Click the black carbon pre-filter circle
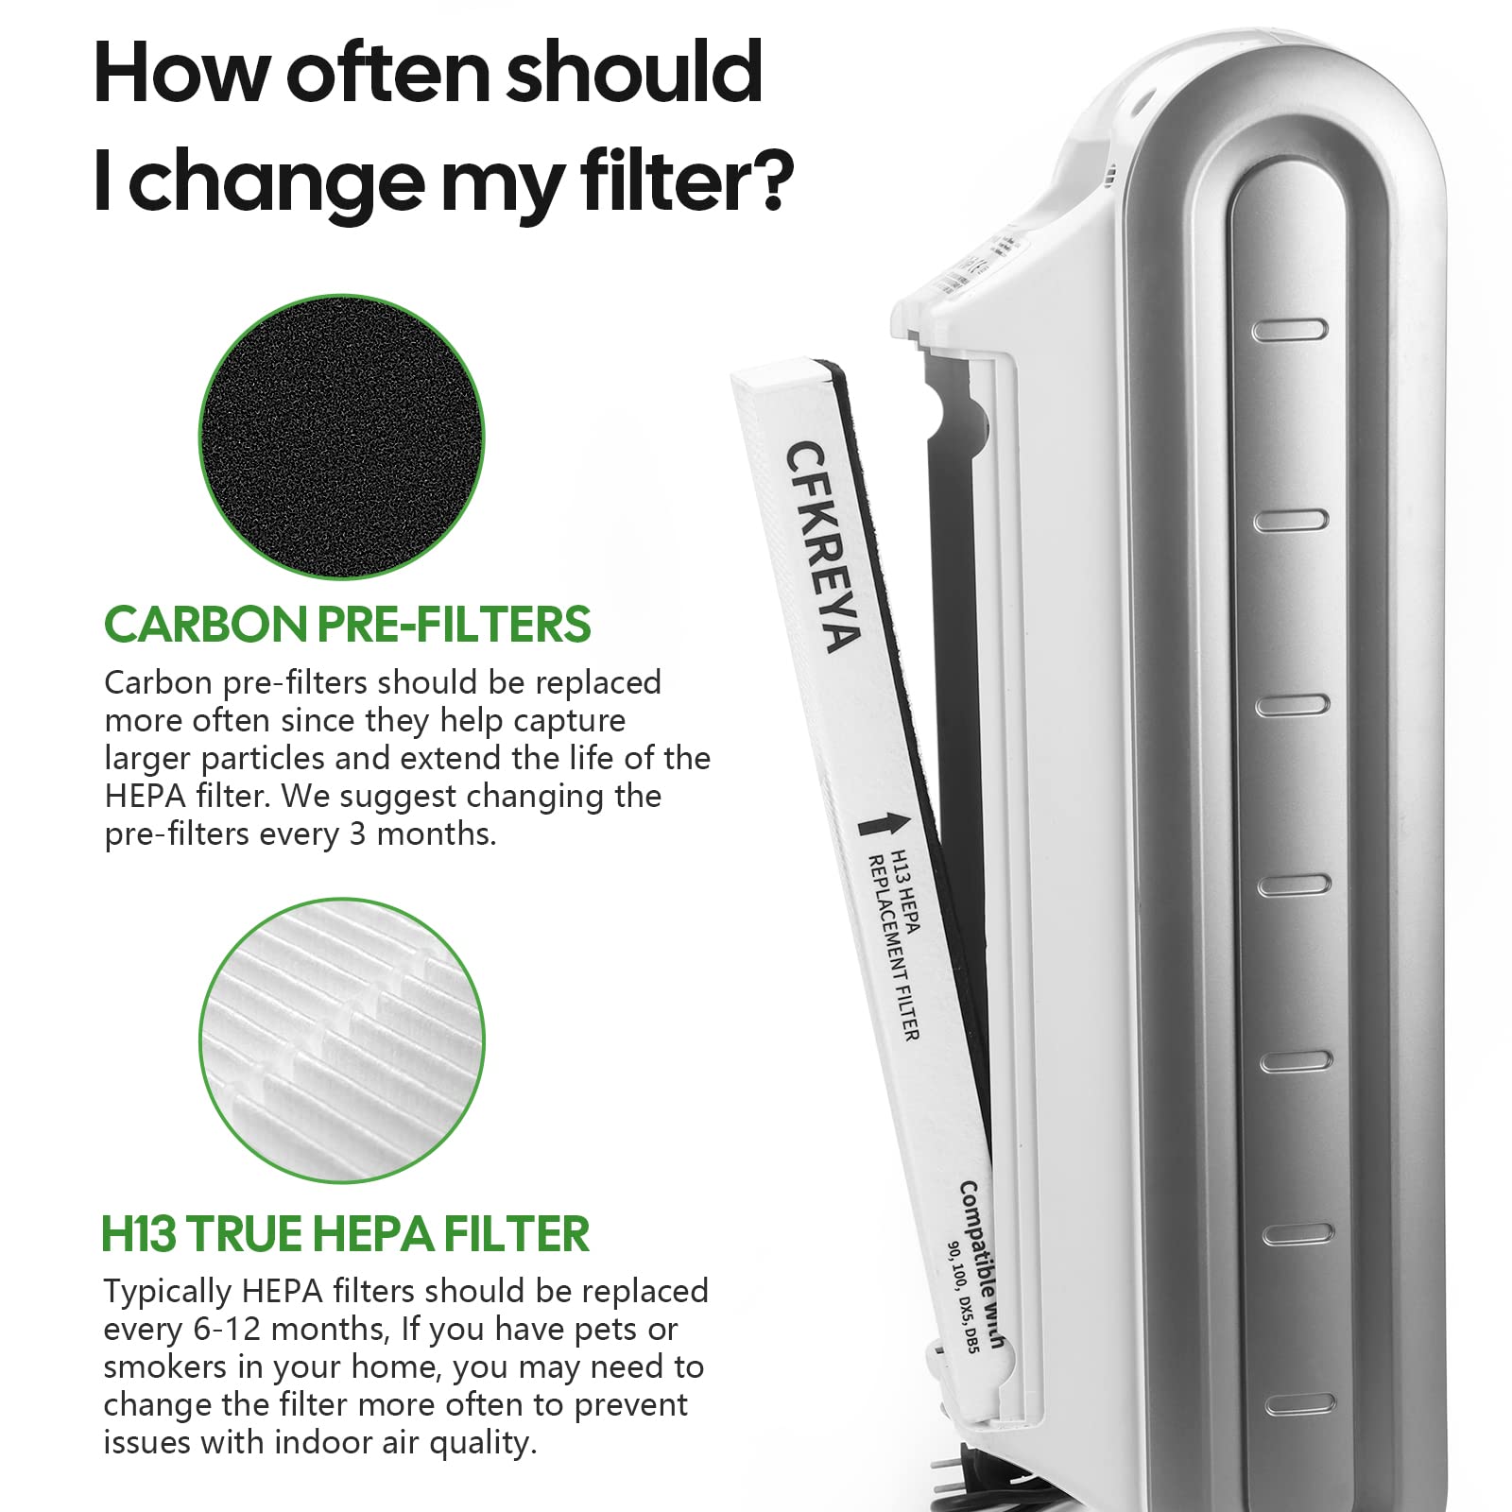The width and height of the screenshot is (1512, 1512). click(x=341, y=437)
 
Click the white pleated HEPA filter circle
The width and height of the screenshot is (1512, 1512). click(x=341, y=1040)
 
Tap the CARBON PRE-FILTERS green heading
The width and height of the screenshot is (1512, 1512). click(x=347, y=625)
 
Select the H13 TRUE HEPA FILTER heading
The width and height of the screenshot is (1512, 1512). click(x=345, y=1234)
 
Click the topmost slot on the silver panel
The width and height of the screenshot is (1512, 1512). click(x=1289, y=330)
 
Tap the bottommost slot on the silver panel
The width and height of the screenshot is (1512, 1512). click(x=1299, y=1404)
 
